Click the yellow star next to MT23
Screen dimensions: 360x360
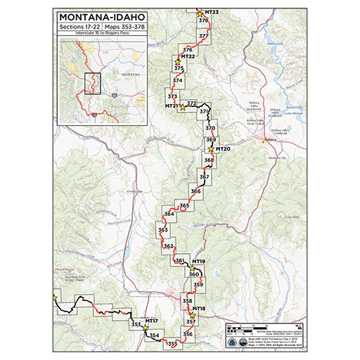point(200,13)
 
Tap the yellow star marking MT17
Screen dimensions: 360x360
point(145,327)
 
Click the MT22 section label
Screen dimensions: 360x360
point(187,57)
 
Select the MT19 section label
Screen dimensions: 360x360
point(198,262)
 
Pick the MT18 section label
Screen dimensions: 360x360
point(198,309)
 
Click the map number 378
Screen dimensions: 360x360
point(203,21)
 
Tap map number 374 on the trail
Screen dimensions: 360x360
point(177,82)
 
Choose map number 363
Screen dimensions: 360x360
point(163,230)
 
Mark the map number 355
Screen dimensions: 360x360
point(172,343)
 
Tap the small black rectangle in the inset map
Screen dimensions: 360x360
point(93,83)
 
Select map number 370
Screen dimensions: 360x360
point(210,129)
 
